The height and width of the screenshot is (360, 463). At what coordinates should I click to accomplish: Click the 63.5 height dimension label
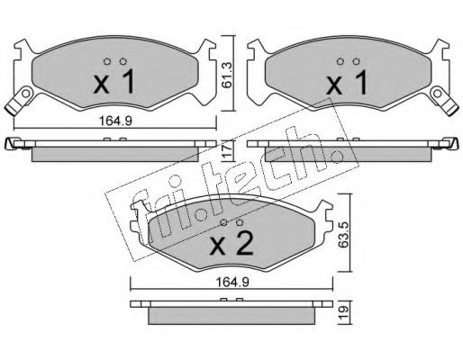coord(343,235)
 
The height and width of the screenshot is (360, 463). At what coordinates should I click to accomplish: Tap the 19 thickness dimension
coord(345,312)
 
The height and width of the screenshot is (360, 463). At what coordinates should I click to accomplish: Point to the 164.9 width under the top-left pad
coord(115,121)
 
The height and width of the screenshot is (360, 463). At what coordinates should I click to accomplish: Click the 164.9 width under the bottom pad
coord(232,283)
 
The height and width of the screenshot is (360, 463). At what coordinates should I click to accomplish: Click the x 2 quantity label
coord(231,244)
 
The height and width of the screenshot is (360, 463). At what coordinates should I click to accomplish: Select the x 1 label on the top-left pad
coord(114,82)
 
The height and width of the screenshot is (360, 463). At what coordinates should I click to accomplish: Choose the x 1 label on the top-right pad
coord(347,82)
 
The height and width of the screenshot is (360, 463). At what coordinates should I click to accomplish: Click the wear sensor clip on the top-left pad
coord(20,100)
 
